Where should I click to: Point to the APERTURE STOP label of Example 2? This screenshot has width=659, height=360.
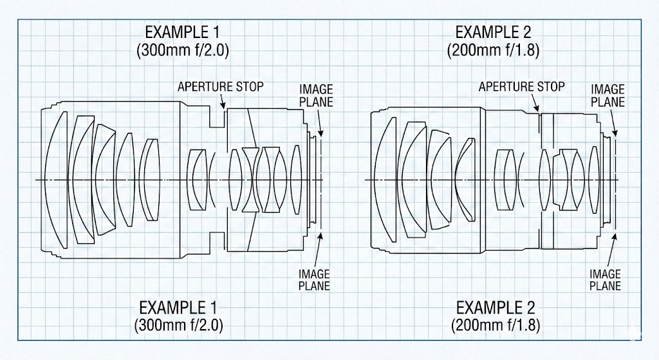[x=521, y=86]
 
